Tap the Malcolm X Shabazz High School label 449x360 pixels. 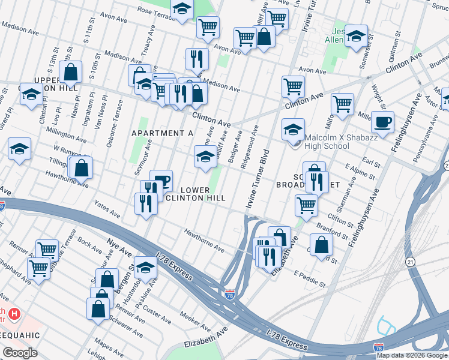pos(327,142)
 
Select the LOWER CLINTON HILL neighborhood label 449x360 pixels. pos(195,194)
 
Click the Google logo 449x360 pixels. pos(20,353)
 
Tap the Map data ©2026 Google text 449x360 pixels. pos(412,355)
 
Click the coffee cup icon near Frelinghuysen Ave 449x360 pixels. pos(382,124)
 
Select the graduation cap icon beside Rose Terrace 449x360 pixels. pos(182,10)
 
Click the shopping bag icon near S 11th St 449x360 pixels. pos(71,73)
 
